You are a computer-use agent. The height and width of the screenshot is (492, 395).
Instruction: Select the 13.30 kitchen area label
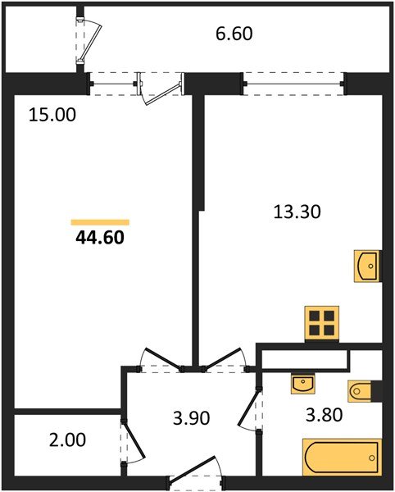click(296, 212)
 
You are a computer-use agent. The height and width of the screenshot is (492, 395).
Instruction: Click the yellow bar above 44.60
click(100, 221)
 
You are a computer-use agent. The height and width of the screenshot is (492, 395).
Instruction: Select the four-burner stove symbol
click(321, 323)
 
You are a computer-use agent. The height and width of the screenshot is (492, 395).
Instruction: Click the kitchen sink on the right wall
click(367, 266)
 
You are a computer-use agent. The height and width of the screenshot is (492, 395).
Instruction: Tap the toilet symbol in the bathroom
click(363, 391)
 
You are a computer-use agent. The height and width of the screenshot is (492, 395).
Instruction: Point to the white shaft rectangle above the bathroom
click(304, 358)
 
